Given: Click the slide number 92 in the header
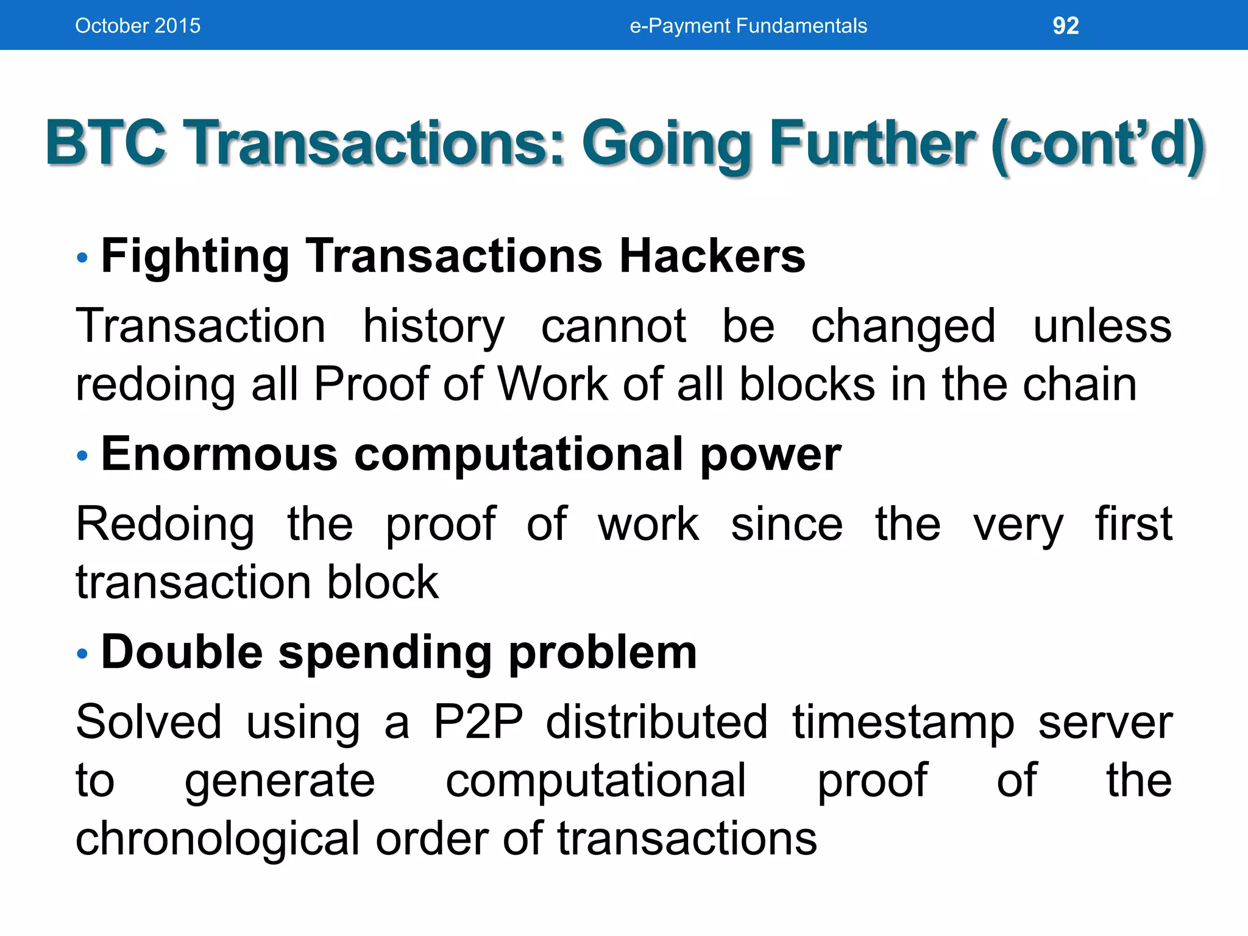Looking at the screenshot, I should [1066, 26].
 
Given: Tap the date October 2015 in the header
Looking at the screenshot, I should [138, 26].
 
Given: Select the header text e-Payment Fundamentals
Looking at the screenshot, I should [748, 26].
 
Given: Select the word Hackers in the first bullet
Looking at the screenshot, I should [712, 256].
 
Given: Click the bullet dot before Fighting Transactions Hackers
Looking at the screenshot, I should [83, 258].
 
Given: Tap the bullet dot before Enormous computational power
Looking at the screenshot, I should [83, 455].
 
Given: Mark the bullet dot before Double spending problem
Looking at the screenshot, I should [83, 654].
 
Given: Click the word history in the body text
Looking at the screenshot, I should [433, 327].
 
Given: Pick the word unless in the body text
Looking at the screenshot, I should [1102, 326].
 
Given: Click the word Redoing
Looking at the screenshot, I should [165, 525].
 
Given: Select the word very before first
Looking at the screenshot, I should [1018, 525].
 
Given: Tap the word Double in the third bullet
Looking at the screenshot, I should [182, 652].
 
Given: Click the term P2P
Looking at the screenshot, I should [478, 722].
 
